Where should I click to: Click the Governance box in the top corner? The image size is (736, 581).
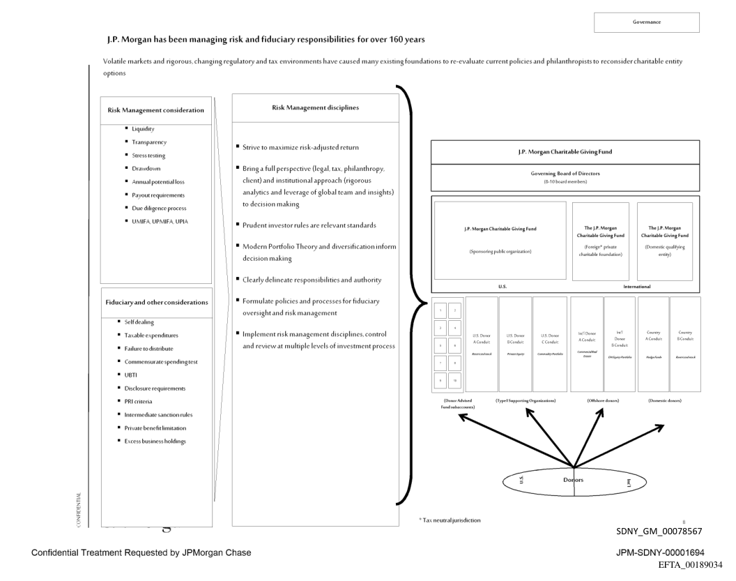coord(646,22)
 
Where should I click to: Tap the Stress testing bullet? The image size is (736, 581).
coord(144,156)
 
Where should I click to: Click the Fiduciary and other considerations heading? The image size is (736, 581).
coord(157,302)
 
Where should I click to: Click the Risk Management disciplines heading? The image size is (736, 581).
coord(315,108)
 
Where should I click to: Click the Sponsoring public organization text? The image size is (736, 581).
coord(500,251)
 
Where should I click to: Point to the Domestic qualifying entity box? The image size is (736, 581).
coord(664,241)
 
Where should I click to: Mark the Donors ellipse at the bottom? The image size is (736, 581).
coord(573,482)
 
